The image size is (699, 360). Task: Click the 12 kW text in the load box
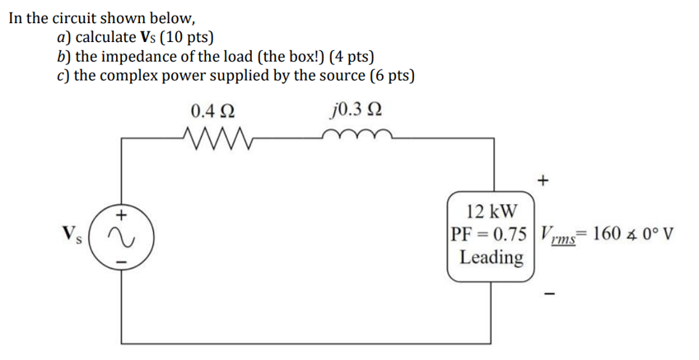click(x=491, y=211)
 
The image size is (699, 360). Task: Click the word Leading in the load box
click(x=491, y=257)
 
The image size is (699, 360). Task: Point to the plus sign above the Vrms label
click(x=543, y=179)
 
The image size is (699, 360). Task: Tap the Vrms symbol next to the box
click(x=558, y=235)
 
